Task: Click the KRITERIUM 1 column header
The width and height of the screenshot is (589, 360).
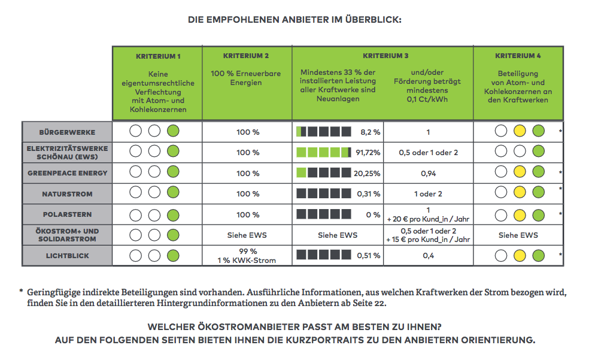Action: tap(158, 56)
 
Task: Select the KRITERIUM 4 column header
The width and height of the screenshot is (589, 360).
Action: tap(518, 56)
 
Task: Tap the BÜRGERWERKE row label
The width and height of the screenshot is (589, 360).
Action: tap(67, 132)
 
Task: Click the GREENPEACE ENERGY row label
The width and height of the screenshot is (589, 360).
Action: tap(67, 173)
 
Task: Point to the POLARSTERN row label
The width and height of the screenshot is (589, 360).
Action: tap(67, 214)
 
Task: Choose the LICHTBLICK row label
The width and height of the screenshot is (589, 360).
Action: tap(67, 256)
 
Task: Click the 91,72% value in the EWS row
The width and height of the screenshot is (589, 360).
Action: tap(368, 153)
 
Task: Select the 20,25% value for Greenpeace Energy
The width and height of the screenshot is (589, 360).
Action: tap(368, 173)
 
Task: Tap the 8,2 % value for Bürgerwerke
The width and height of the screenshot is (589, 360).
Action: tap(370, 132)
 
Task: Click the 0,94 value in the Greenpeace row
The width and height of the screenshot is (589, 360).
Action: tap(427, 173)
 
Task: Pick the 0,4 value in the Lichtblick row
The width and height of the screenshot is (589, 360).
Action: tap(427, 256)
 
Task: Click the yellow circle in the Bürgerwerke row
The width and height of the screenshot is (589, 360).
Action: tap(520, 132)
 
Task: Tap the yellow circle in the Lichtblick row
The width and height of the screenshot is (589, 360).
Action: tap(520, 256)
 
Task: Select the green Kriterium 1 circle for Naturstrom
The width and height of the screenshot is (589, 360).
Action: tap(173, 193)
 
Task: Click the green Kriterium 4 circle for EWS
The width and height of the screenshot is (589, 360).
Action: tap(538, 152)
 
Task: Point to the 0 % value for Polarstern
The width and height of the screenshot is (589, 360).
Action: tap(373, 214)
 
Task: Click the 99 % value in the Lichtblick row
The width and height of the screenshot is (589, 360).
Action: tap(247, 252)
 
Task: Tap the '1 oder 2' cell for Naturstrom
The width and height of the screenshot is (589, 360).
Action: tap(427, 193)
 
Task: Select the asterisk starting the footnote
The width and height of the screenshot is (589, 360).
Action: tap(21, 291)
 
